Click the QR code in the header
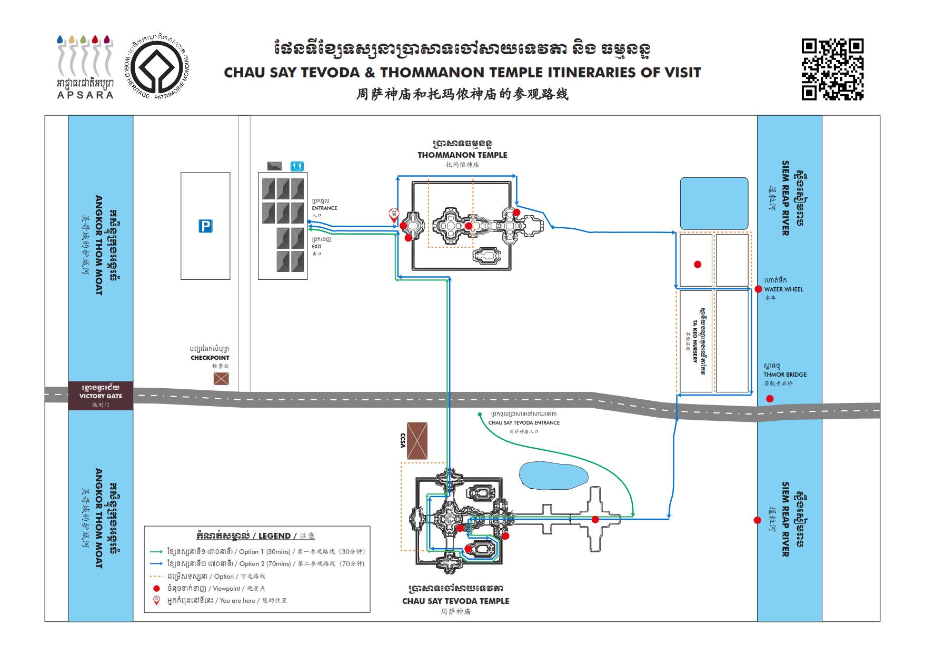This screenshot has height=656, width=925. click(832, 69)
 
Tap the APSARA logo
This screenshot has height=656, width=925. click(85, 67)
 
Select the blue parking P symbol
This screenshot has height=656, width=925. click(205, 226)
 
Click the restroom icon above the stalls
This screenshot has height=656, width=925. click(297, 166)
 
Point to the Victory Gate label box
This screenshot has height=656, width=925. click(101, 396)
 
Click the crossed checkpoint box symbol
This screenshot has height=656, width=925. click(221, 378)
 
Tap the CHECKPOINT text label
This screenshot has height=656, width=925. click(210, 358)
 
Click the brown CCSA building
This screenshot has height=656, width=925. click(417, 441)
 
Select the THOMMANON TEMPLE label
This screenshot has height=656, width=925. click(462, 155)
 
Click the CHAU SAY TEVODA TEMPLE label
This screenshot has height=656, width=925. click(455, 601)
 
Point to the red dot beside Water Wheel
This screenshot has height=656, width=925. click(758, 289)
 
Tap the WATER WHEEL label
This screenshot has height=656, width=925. click(783, 289)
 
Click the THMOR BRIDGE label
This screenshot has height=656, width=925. click(785, 375)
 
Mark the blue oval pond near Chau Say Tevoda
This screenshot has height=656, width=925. click(553, 476)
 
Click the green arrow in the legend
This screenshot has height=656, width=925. click(156, 552)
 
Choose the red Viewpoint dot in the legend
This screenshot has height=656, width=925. click(156, 589)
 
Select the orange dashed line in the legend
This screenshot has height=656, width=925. click(156, 577)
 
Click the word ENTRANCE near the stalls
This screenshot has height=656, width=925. click(324, 208)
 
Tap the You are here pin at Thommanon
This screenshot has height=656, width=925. click(393, 214)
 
